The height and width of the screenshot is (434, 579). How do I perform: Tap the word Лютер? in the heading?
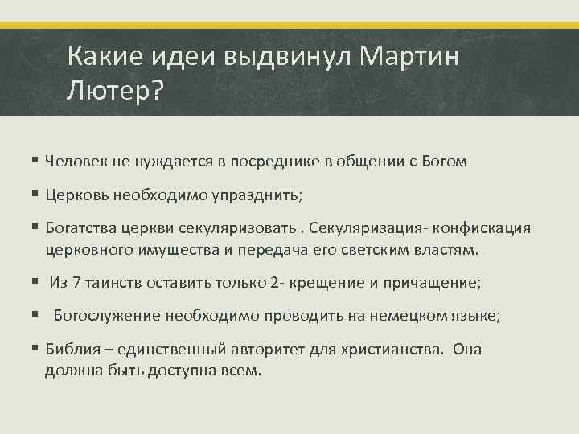pyautogui.click(x=115, y=91)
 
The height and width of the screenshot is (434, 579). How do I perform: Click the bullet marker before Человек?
pyautogui.click(x=37, y=162)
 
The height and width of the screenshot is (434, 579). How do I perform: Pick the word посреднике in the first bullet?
pyautogui.click(x=267, y=162)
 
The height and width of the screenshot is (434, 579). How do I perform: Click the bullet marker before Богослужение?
pyautogui.click(x=37, y=316)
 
